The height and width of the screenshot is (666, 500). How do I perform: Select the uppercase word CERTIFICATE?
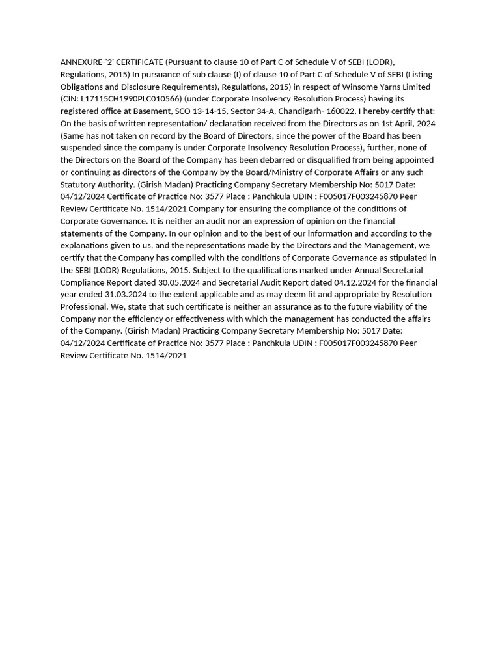click(x=140, y=62)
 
